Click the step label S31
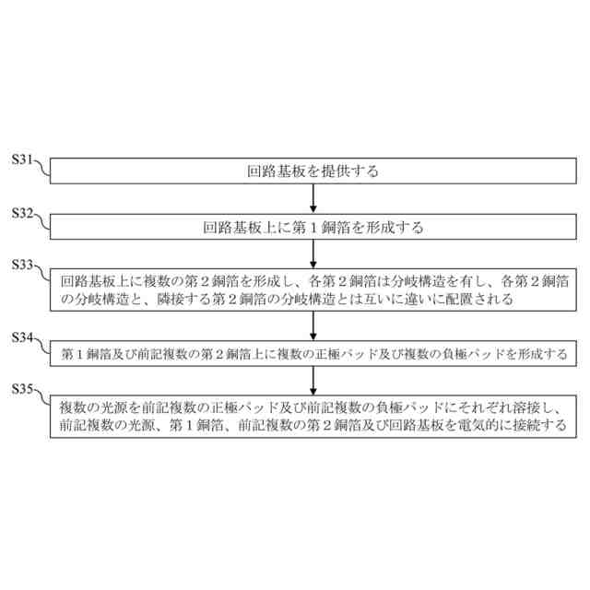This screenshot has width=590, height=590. [22, 159]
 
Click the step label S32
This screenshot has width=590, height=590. [22, 213]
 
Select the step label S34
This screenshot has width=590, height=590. [22, 338]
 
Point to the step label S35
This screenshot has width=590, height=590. [22, 389]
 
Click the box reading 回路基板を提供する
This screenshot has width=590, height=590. [313, 171]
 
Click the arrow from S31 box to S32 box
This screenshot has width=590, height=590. [313, 198]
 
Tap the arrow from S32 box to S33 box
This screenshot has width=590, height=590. [313, 250]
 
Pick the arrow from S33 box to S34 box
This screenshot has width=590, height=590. [313, 324]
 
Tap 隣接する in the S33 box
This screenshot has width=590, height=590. [186, 300]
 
